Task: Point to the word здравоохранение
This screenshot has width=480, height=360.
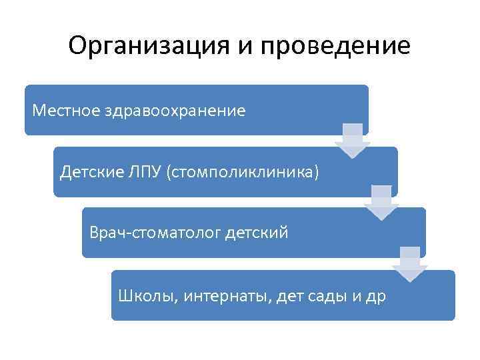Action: (x=174, y=109)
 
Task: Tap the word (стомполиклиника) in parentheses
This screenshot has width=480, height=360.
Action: (x=244, y=172)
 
